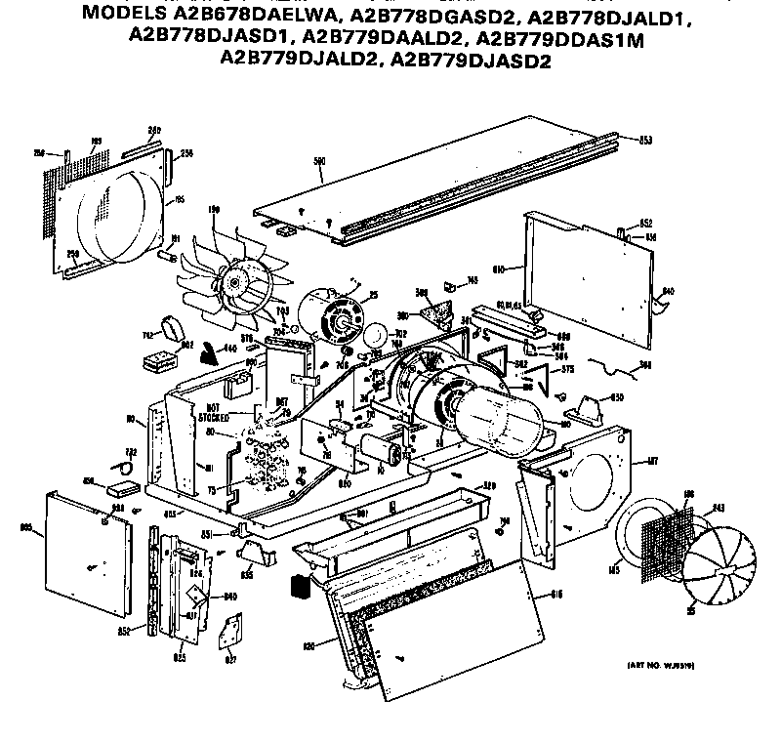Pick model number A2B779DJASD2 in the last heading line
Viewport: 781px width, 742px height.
click(x=472, y=61)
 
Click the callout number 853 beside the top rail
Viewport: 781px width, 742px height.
click(x=645, y=139)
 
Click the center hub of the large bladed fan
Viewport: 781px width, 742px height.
click(x=234, y=283)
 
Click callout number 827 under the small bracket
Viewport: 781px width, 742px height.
click(x=230, y=660)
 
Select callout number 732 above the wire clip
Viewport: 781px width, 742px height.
click(x=129, y=451)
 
